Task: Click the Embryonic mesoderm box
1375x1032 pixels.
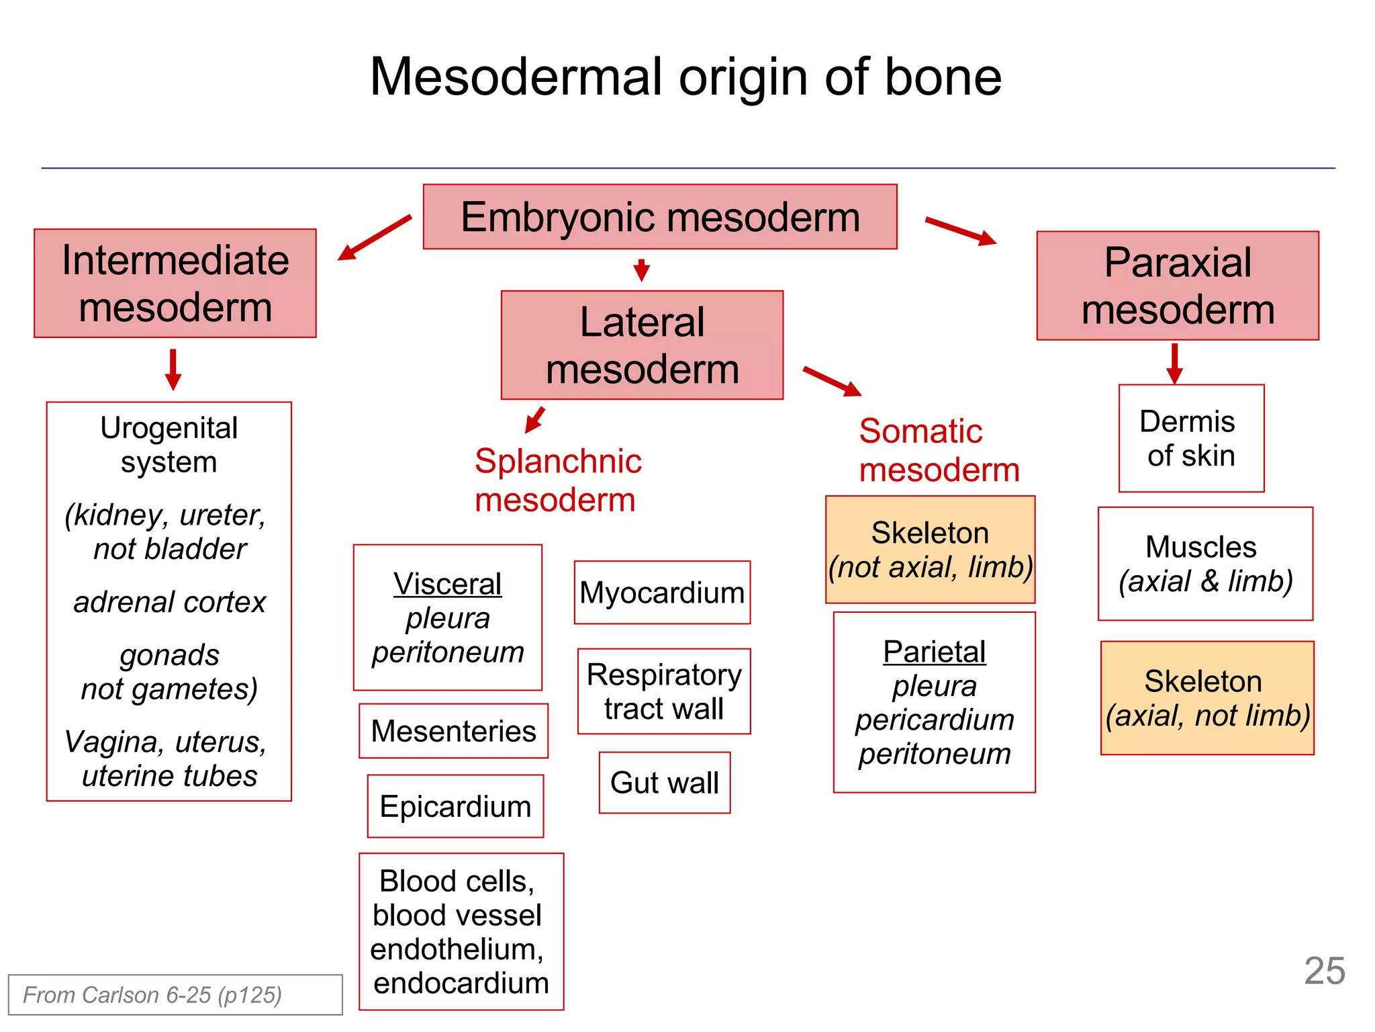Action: coord(660,217)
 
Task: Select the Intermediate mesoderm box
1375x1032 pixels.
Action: coord(175,283)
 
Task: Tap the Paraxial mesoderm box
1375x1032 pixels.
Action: coord(1178,286)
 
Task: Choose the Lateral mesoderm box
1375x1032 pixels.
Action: coord(642,345)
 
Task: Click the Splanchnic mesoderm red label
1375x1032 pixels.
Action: coord(557,480)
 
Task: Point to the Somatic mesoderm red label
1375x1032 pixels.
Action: coord(939,450)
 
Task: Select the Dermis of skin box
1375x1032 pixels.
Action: coord(1191,438)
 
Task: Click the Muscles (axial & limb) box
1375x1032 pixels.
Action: coord(1205,564)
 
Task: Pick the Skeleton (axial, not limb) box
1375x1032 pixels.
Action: coord(1206,698)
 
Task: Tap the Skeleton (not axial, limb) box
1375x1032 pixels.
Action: coord(930,550)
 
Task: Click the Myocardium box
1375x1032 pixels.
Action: coord(662,593)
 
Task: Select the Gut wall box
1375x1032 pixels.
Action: coord(664,783)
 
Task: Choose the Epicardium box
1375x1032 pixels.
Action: coord(455,806)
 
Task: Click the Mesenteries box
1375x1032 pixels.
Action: coord(453,731)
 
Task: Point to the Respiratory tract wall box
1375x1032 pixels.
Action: coord(664,691)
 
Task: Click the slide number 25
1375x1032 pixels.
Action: coord(1324,971)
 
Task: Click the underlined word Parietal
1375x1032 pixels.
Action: coord(934,652)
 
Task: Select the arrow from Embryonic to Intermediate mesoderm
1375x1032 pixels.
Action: coord(374,237)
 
